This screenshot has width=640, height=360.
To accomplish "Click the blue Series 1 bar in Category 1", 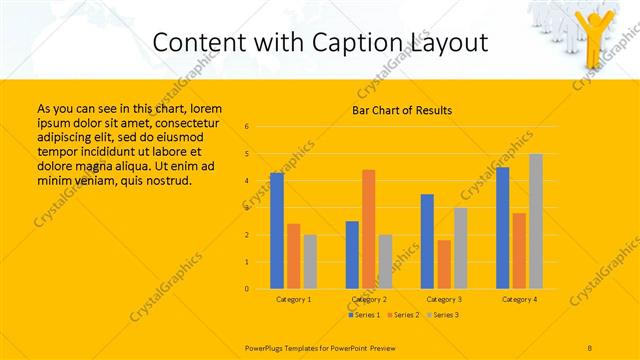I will point(277,231).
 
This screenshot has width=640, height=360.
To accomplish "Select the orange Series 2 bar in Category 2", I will point(369,229).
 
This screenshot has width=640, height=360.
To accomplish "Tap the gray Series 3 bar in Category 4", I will point(536,221).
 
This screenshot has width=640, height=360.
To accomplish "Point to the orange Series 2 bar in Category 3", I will point(444,264).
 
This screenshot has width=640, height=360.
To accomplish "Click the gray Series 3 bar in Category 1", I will point(310,262).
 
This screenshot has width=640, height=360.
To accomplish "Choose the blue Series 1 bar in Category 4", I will point(502,228).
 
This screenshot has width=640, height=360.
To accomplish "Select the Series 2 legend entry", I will point(403,315).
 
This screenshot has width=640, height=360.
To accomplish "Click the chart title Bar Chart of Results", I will point(402,110).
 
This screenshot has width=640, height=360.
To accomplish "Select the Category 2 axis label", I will point(369,299).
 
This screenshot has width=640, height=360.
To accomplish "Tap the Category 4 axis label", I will point(519,299).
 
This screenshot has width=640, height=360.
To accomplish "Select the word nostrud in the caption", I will point(165,180).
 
